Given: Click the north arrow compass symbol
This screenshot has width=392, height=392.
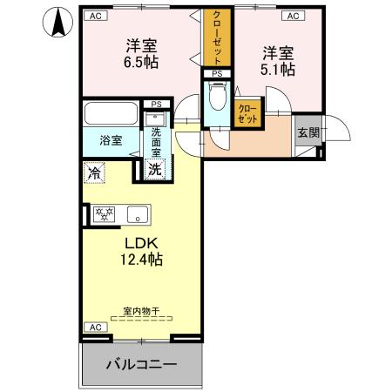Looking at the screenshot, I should click(57, 22).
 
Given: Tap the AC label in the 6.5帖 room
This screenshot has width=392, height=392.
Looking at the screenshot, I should click(94, 16).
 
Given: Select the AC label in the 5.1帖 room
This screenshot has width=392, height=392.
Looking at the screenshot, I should click(292, 16).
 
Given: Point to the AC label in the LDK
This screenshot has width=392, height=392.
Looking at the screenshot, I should click(94, 327).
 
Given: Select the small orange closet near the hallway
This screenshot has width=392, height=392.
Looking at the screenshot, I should click(247, 112).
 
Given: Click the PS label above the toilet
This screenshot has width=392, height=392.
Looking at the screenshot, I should click(217, 74).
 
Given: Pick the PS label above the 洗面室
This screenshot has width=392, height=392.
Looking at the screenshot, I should click(156, 104).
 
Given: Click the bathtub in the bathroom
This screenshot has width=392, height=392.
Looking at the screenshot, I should click(111, 115).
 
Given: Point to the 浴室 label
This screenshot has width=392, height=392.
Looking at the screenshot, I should click(110, 139).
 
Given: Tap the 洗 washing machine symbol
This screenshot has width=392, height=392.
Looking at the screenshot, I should click(153, 168).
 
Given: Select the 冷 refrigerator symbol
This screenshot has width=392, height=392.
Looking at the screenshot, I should click(94, 172).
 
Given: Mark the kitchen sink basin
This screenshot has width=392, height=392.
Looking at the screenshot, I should click(136, 214).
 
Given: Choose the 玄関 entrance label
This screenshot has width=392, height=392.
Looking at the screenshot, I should click(308, 132).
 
